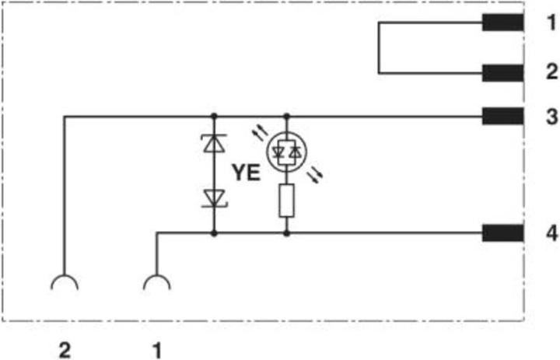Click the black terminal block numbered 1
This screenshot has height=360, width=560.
tap(502, 23)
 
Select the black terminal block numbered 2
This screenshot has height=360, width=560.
tap(502, 73)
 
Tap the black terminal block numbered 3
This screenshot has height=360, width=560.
tap(502, 117)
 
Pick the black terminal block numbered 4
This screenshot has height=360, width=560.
tap(502, 232)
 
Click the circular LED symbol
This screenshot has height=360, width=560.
tap(286, 153)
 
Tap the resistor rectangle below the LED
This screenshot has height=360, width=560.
tap(286, 201)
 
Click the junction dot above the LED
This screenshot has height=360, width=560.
tap(286, 117)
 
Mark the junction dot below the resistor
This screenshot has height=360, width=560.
tap(286, 232)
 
